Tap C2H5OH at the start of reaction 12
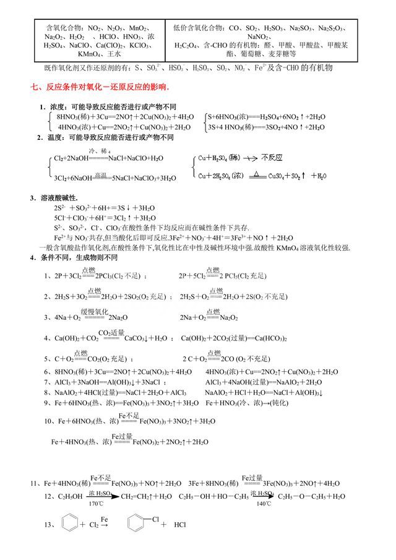point(65,496)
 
